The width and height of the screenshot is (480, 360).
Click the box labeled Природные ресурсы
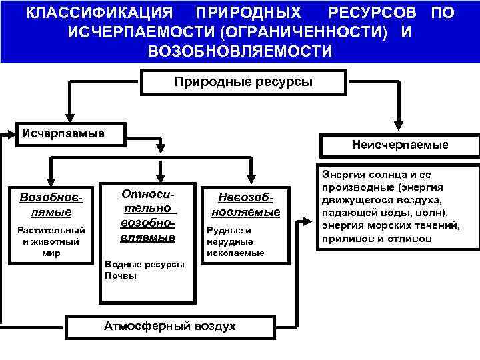[243, 82]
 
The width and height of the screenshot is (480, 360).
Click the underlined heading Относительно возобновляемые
[147, 215]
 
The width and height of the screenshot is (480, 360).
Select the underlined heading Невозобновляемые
[245, 205]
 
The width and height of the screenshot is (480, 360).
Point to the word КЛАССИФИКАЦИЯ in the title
[99, 13]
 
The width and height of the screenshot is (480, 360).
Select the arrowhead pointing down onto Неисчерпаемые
[399, 125]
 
